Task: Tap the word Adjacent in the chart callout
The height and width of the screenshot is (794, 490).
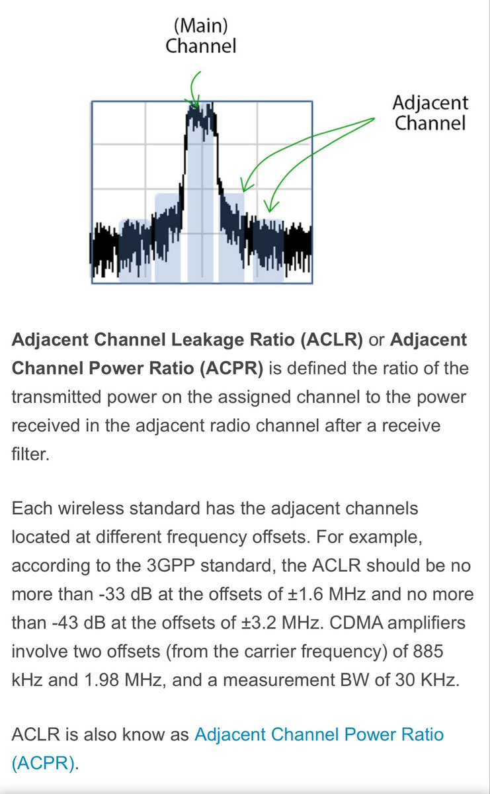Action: tap(430, 103)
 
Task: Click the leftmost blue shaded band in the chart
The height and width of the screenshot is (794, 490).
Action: tap(134, 251)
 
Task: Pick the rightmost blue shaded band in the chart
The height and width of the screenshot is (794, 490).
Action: tap(268, 251)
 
